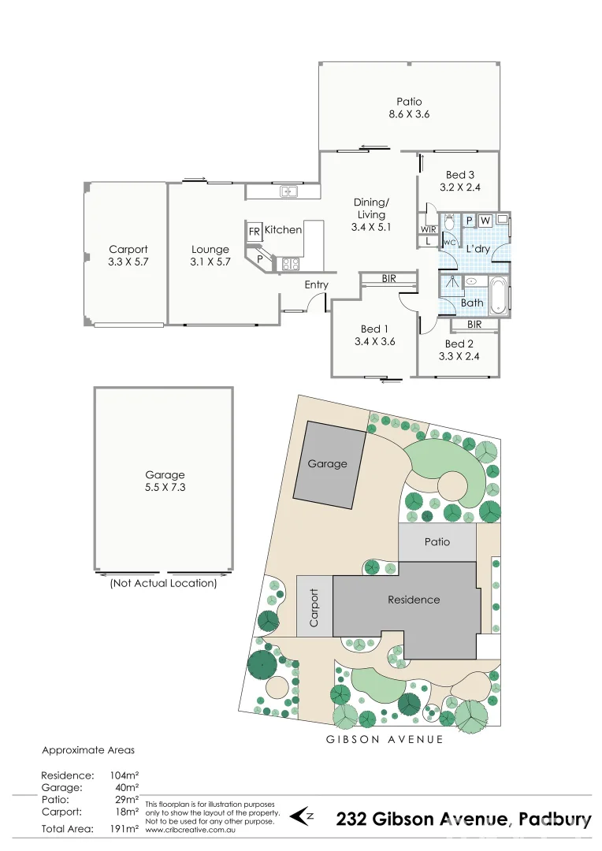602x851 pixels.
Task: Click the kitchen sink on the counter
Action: (288, 191)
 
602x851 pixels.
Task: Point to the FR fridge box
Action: (255, 232)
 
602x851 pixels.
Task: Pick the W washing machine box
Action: (485, 220)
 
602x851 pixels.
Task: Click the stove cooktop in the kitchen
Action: (289, 265)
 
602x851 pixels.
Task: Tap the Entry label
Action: (316, 284)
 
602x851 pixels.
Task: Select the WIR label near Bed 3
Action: (427, 229)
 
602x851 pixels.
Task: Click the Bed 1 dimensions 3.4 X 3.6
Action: (374, 342)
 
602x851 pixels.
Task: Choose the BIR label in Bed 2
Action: (474, 324)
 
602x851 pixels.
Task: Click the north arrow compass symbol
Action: (302, 815)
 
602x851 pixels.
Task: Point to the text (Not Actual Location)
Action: (163, 583)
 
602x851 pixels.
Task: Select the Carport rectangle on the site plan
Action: (314, 607)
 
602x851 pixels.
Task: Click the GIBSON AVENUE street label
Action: (385, 739)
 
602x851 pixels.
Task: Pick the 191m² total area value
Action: (124, 829)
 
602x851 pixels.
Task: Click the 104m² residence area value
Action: (124, 775)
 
